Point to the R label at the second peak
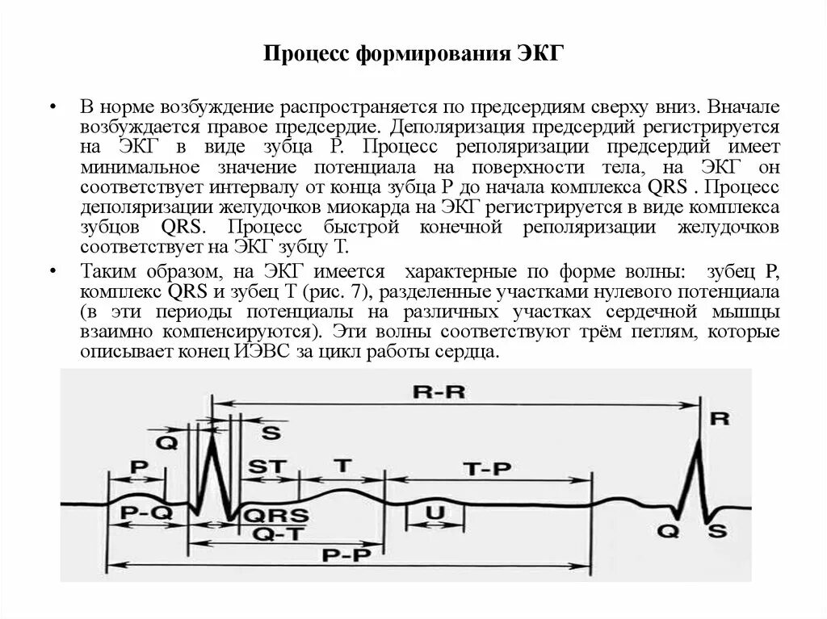pos(720,419)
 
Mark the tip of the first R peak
pos(211,433)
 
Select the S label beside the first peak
pos(272,433)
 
